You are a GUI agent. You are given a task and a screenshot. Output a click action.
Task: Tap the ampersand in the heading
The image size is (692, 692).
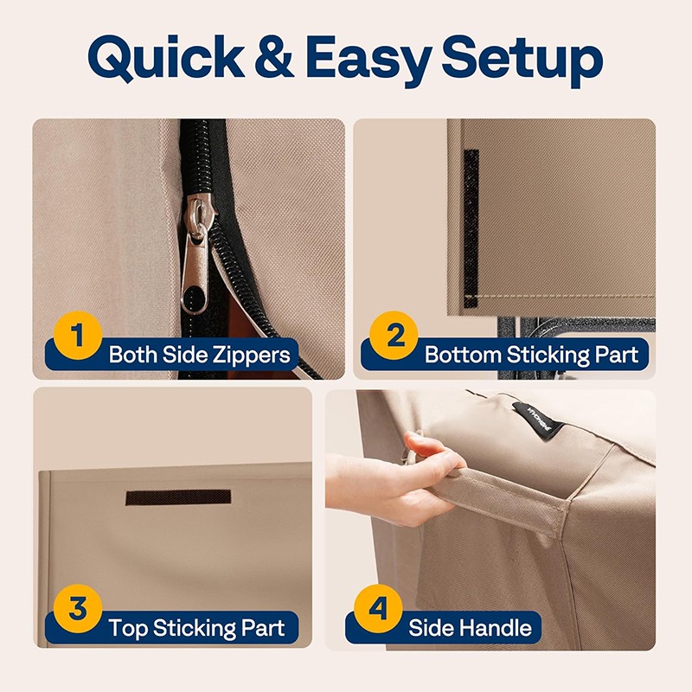coord(274,57)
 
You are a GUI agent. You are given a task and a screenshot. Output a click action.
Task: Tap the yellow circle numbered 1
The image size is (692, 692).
coord(78,336)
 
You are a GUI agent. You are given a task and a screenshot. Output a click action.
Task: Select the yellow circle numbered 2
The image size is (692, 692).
coord(394,336)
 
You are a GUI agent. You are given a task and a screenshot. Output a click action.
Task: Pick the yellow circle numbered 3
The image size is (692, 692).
coord(78,609)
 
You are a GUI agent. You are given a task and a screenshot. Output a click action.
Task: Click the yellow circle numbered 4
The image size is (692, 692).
coord(378,609)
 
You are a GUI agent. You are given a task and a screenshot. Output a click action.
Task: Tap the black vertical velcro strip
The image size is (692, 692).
coord(471,228)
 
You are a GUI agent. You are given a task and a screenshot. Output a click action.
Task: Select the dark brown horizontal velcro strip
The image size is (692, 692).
coord(178,497)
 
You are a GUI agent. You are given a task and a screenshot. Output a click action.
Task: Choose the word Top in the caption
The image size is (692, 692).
coord(128,629)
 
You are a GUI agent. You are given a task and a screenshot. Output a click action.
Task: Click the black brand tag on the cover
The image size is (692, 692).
coord(537,421)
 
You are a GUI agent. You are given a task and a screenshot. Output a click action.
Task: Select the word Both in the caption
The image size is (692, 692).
coord(133,355)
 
